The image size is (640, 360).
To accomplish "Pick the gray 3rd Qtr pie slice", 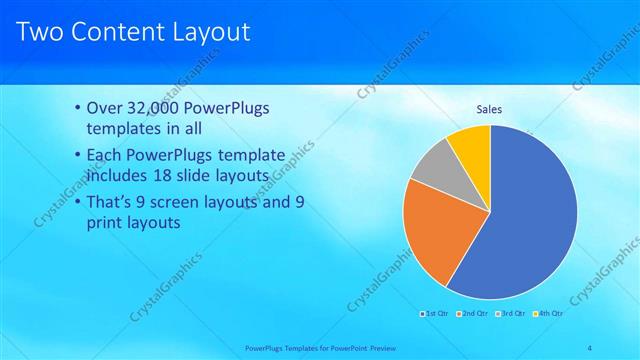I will coord(432,165).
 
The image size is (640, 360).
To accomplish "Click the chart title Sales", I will coord(489,110).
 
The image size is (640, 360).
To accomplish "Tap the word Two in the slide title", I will coord(40,32).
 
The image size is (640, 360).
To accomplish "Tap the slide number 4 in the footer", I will coord(589,347).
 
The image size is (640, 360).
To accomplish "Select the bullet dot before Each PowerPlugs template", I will coord(80,156).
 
